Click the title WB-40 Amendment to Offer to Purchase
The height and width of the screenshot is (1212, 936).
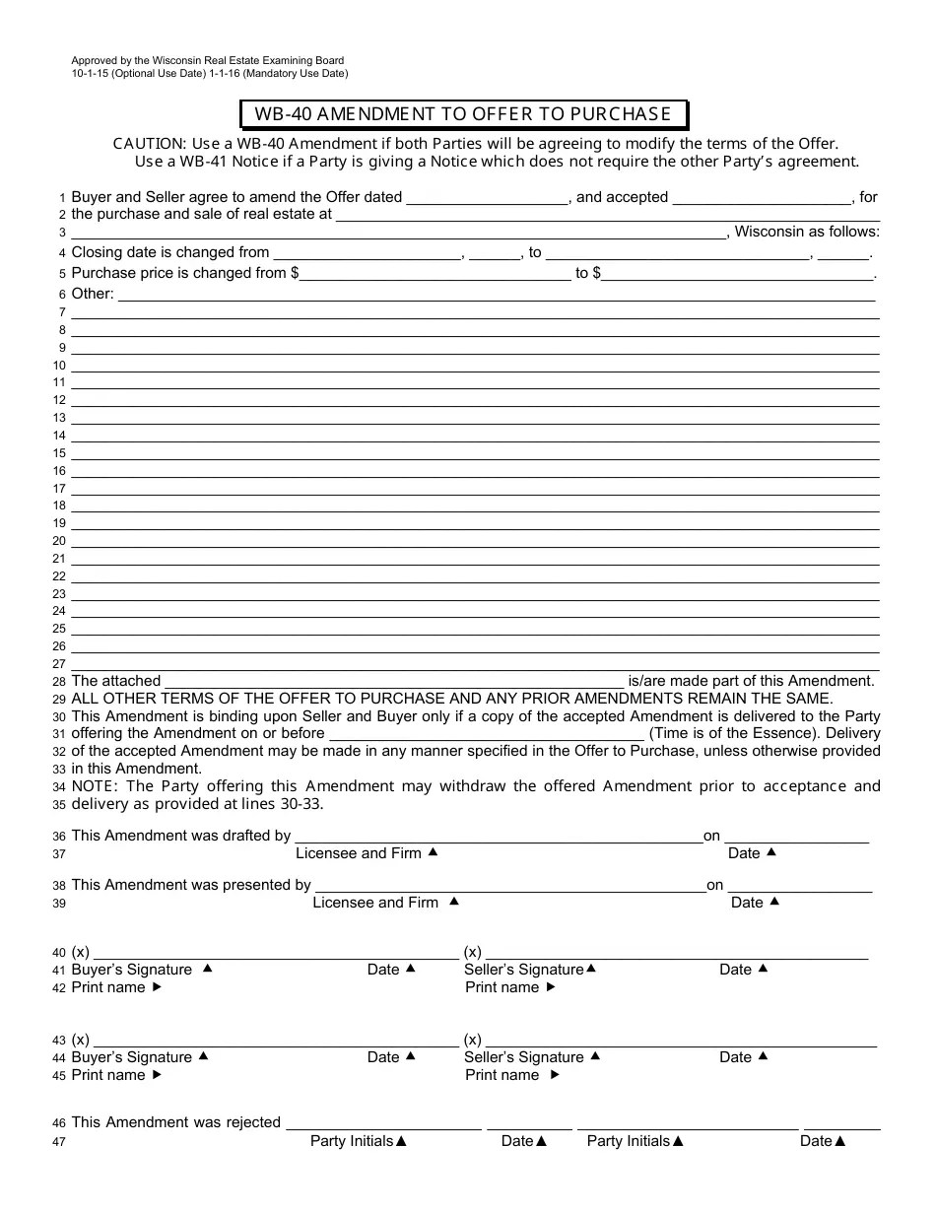463,114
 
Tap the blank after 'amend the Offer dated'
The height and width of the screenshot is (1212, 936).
488,197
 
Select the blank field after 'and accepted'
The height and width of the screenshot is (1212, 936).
762,197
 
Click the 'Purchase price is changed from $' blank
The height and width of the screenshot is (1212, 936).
435,273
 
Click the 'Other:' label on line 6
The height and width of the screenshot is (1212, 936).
93,294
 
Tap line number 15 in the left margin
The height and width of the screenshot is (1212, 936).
60,453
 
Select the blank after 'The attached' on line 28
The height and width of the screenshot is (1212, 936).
394,681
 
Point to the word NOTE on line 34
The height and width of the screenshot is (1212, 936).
95,786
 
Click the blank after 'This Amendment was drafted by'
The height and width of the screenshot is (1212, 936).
498,836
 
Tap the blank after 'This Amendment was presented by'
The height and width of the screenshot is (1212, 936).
508,885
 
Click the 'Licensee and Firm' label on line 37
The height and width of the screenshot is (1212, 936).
359,853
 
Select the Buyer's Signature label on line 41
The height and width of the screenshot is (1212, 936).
132,970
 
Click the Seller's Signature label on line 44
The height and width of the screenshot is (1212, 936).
524,1057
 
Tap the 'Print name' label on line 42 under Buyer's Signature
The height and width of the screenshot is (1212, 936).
108,987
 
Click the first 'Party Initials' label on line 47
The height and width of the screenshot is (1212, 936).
352,1141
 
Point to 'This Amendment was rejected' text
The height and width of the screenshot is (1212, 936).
176,1122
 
